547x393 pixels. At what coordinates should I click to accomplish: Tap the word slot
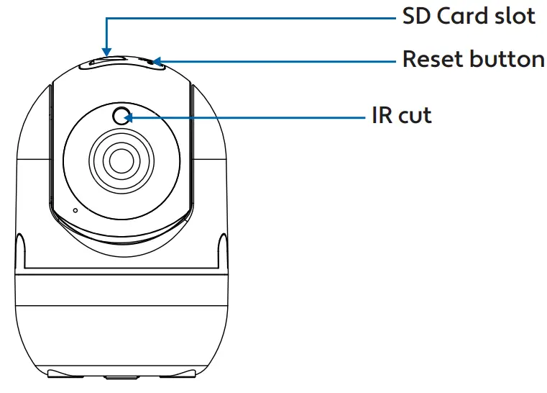pyautogui.click(x=514, y=17)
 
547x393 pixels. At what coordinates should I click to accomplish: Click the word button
pyautogui.click(x=507, y=59)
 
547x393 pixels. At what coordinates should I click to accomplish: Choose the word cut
pyautogui.click(x=415, y=115)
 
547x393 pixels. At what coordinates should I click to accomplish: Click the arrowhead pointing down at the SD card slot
pyautogui.click(x=106, y=50)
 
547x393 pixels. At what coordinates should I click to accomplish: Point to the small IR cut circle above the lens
pyautogui.click(x=122, y=115)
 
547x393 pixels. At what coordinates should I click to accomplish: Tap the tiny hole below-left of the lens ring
pyautogui.click(x=75, y=211)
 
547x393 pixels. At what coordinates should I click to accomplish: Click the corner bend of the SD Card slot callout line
pyautogui.click(x=106, y=19)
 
